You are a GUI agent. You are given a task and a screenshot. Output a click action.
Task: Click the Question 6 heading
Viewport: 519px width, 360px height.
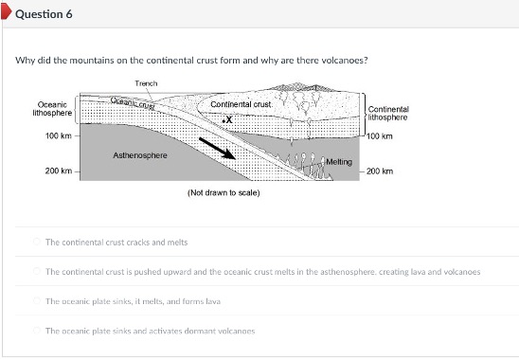click(x=44, y=14)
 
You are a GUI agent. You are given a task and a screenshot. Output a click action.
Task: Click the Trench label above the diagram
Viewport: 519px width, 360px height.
click(x=146, y=83)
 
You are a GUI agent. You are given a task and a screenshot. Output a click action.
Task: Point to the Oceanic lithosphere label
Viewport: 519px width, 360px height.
click(x=51, y=108)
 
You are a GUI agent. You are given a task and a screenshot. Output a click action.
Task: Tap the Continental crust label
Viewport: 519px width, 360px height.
click(x=241, y=104)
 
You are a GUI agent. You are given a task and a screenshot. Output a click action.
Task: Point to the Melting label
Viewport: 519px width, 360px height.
click(x=338, y=162)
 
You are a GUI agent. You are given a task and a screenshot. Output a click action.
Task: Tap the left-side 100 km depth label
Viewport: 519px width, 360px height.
click(x=59, y=136)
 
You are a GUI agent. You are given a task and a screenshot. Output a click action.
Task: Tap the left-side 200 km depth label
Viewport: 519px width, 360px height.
click(x=59, y=171)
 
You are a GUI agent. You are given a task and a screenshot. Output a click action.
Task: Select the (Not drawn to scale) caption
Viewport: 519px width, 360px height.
click(x=224, y=192)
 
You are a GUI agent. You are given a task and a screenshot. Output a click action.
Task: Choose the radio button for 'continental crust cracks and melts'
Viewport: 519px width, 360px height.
click(x=38, y=242)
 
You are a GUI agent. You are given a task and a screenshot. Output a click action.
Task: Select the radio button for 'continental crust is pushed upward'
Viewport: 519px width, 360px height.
click(x=38, y=271)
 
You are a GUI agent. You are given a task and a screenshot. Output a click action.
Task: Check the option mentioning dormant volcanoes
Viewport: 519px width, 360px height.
click(x=38, y=330)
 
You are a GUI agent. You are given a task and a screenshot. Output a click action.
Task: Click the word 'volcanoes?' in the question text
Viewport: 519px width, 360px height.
click(x=347, y=60)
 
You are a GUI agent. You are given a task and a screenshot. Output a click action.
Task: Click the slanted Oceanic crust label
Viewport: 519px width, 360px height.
click(x=132, y=102)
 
